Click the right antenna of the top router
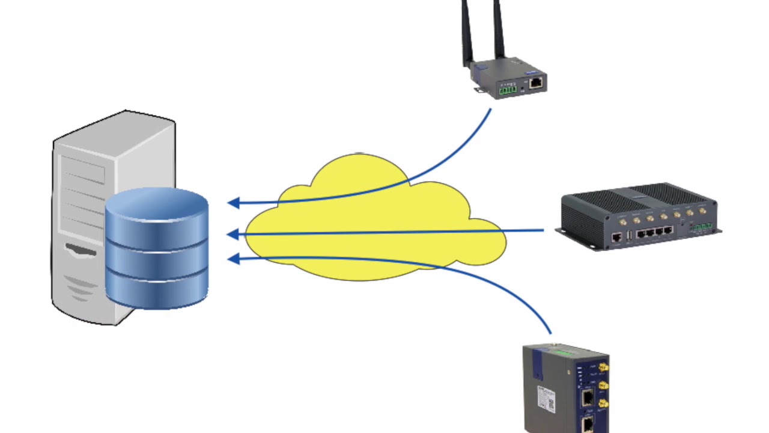click(x=499, y=30)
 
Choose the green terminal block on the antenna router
click(x=506, y=90)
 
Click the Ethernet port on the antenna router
click(x=536, y=82)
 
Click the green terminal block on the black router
click(x=701, y=227)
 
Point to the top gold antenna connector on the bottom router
click(x=604, y=366)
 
